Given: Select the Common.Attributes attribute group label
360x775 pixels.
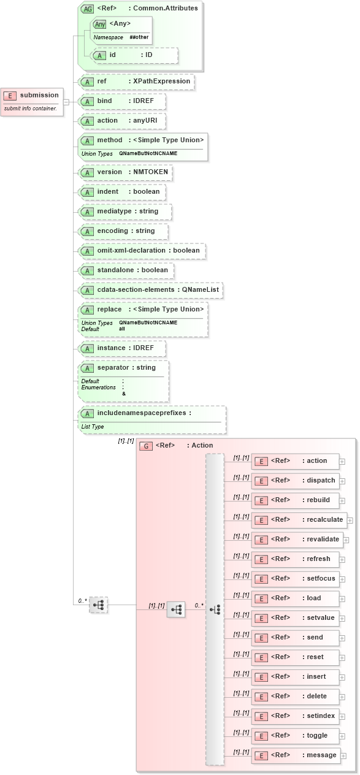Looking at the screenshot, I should tap(165, 9).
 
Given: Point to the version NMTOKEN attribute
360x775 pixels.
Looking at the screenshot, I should tap(126, 172).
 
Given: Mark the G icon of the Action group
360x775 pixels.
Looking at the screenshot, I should tap(146, 446).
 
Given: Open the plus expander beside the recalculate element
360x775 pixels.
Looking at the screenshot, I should tap(350, 520).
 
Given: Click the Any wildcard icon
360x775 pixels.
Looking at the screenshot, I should tap(100, 24).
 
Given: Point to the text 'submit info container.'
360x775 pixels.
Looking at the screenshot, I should tap(31, 109).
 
